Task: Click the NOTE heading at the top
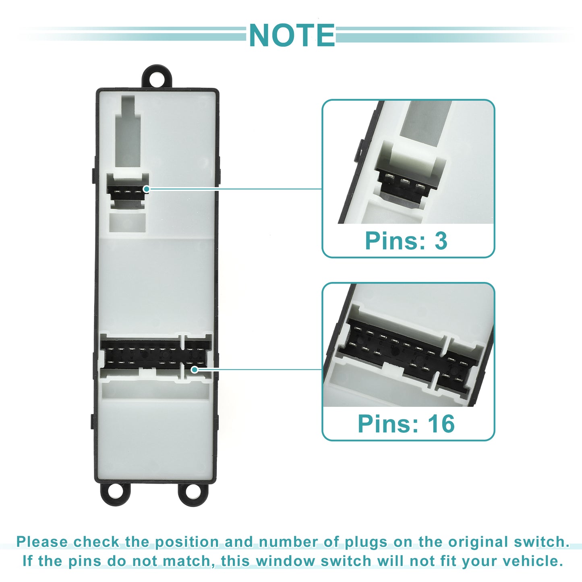click(292, 35)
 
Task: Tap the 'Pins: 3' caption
click(406, 241)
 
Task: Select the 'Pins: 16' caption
click(406, 424)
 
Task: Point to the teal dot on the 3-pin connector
click(147, 189)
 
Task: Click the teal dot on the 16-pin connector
click(195, 369)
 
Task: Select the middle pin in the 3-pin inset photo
click(404, 183)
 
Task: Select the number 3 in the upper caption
click(441, 241)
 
